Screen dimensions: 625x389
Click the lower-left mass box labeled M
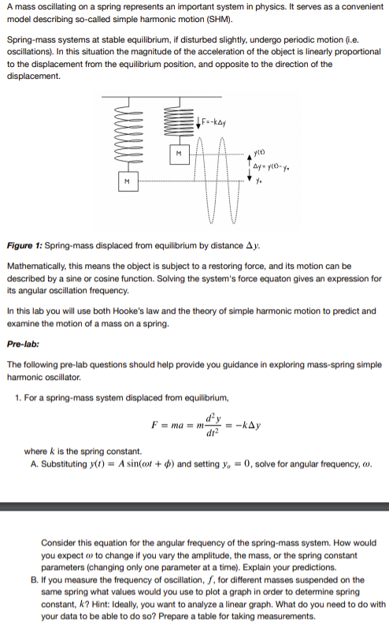(x=124, y=182)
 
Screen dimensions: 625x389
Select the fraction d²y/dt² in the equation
(x=210, y=426)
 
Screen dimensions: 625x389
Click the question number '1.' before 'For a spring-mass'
(x=19, y=396)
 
